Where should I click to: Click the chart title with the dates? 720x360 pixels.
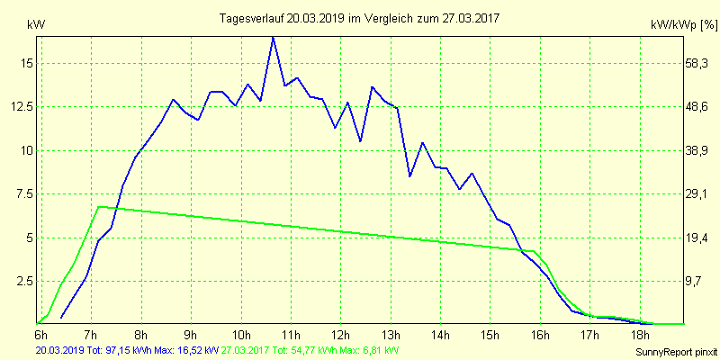(x=361, y=18)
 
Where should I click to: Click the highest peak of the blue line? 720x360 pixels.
(x=273, y=37)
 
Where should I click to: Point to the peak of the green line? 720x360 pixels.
(x=98, y=207)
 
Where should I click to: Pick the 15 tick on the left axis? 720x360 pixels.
(x=28, y=63)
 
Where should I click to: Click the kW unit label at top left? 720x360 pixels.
(x=35, y=25)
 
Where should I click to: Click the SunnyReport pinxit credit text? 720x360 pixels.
(x=675, y=350)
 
